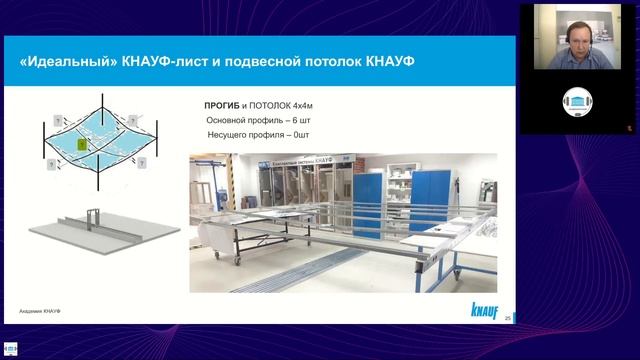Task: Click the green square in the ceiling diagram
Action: tap(83, 146)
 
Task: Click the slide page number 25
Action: tap(509, 316)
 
